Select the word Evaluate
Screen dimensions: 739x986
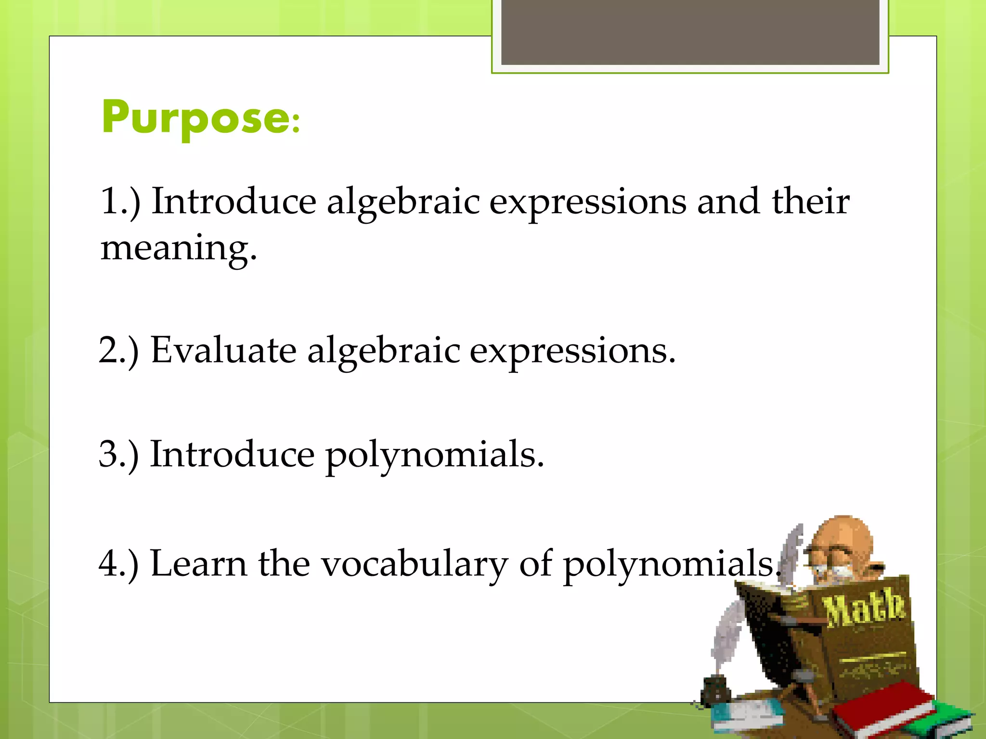tap(223, 350)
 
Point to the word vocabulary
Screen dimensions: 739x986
tap(414, 564)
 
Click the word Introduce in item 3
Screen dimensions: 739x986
tap(232, 454)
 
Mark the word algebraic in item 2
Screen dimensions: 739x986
tap(384, 351)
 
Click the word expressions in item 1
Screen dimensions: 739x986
tap(588, 202)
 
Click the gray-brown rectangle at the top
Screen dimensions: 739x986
tap(690, 32)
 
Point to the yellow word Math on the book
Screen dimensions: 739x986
tap(864, 609)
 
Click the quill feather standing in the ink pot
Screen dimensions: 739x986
tap(727, 635)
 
